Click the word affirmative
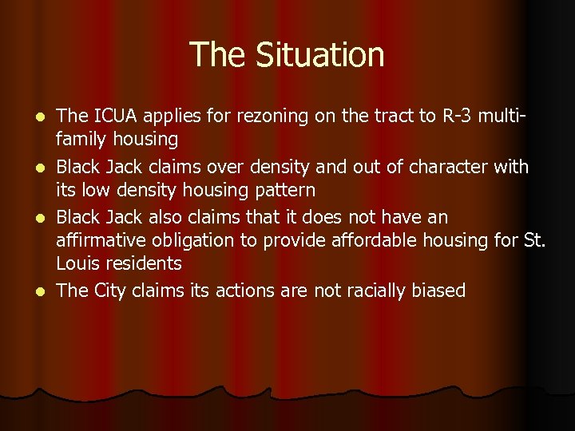98,240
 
